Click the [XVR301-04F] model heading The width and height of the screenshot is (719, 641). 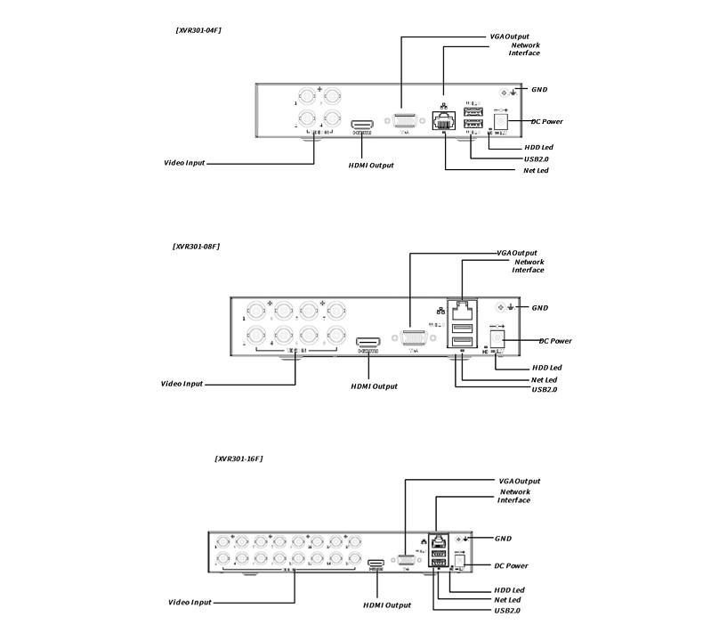198,30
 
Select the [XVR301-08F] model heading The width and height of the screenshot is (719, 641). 196,246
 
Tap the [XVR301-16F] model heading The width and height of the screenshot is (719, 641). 238,458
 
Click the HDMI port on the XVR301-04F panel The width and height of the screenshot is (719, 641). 362,125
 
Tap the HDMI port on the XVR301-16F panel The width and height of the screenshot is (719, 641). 376,564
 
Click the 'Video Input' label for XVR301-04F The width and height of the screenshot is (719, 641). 184,163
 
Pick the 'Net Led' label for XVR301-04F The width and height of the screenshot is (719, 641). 536,170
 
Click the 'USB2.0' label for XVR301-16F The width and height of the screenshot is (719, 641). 507,611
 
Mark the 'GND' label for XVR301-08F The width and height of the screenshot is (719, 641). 539,308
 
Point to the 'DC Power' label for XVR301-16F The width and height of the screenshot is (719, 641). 511,565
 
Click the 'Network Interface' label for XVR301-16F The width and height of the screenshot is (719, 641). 514,496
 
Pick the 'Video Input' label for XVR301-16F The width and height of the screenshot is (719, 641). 190,603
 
